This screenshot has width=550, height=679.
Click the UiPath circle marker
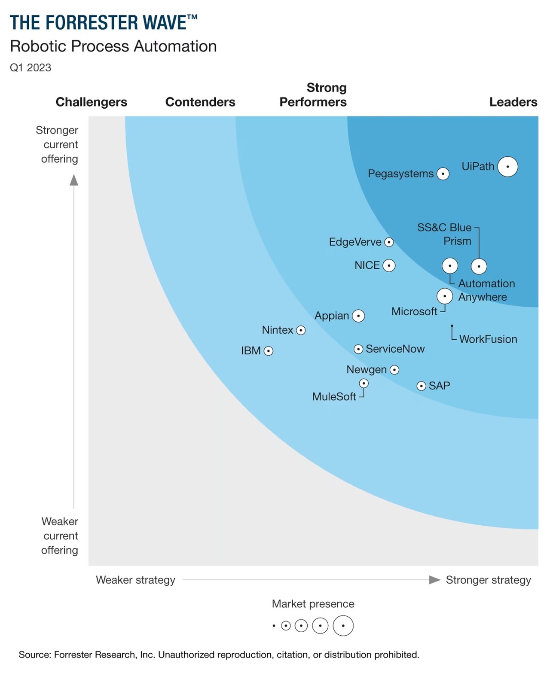pyautogui.click(x=507, y=167)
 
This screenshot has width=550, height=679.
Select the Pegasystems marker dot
pyautogui.click(x=443, y=174)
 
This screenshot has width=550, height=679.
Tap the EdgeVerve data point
pyautogui.click(x=389, y=242)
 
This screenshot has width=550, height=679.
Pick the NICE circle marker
pyautogui.click(x=389, y=266)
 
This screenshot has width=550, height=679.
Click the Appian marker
pyautogui.click(x=358, y=316)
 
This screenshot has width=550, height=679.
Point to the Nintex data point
pyautogui.click(x=301, y=330)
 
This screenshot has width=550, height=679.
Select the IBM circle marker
pyautogui.click(x=269, y=351)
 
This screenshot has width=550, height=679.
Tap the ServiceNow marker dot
pyautogui.click(x=358, y=349)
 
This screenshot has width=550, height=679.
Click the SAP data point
pyautogui.click(x=422, y=386)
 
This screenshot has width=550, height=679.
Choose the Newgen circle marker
pyautogui.click(x=394, y=370)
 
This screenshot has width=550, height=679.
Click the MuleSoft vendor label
pyautogui.click(x=334, y=396)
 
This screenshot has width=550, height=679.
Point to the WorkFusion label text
pyautogui.click(x=488, y=339)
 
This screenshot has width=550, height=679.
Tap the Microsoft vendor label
pyautogui.click(x=414, y=311)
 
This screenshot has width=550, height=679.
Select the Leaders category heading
pyautogui.click(x=513, y=102)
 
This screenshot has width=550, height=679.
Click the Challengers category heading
pyautogui.click(x=92, y=102)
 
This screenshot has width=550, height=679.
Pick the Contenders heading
pyautogui.click(x=200, y=102)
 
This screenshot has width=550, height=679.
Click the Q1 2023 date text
pyautogui.click(x=31, y=68)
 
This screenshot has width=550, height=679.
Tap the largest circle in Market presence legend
pyautogui.click(x=343, y=626)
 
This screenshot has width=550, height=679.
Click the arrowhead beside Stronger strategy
pyautogui.click(x=435, y=580)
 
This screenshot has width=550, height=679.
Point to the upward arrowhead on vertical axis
pyautogui.click(x=74, y=180)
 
